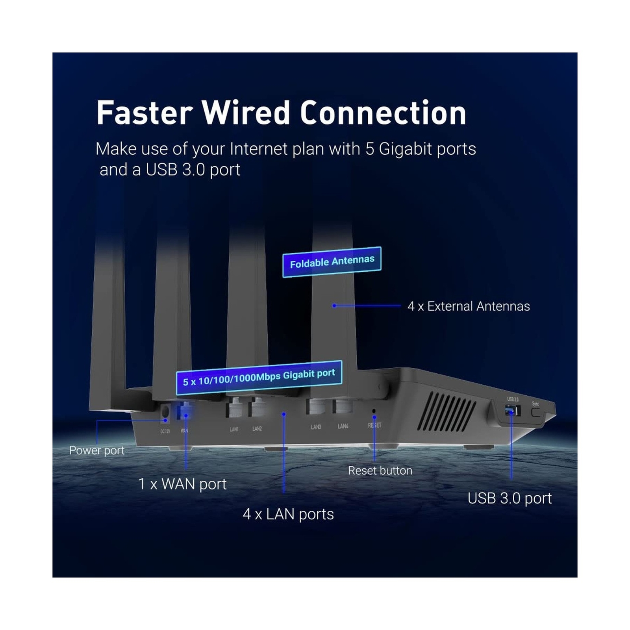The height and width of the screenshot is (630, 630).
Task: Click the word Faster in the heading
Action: coord(145,113)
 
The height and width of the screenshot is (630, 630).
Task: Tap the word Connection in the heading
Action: coord(383,113)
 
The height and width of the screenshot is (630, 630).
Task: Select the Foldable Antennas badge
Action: coord(332,262)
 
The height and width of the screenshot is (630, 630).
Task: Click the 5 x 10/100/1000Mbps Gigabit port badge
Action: coord(259,377)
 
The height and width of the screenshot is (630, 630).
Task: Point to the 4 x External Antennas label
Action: coord(468,306)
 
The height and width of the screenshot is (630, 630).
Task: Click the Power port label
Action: coord(96,450)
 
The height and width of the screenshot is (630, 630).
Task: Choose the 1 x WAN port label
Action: coord(182,484)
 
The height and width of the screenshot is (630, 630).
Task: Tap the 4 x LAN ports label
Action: coord(288,514)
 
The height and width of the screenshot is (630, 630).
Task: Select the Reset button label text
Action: coord(380,471)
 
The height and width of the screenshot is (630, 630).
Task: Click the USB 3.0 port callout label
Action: coord(510,498)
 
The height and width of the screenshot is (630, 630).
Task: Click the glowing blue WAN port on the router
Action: coord(185,411)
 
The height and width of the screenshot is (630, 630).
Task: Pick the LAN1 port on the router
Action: coord(234,408)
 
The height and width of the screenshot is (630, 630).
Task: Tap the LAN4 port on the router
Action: coord(343,407)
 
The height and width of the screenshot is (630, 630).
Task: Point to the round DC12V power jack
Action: coord(165,412)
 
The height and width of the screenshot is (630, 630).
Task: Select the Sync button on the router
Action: coord(536,413)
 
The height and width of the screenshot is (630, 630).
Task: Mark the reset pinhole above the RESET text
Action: coord(374,411)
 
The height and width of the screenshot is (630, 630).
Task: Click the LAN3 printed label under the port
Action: coord(316,427)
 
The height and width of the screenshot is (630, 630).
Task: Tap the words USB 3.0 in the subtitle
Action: coord(175,170)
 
